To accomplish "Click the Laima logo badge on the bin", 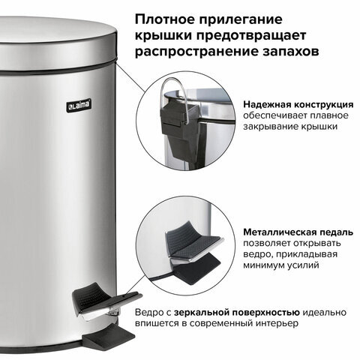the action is (x=79, y=105).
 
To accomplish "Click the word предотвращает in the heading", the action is (x=251, y=35).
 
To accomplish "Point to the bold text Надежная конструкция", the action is (x=298, y=104).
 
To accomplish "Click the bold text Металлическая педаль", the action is (x=298, y=232).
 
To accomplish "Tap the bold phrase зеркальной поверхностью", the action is (x=237, y=313).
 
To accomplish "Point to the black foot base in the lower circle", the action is (x=196, y=272).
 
